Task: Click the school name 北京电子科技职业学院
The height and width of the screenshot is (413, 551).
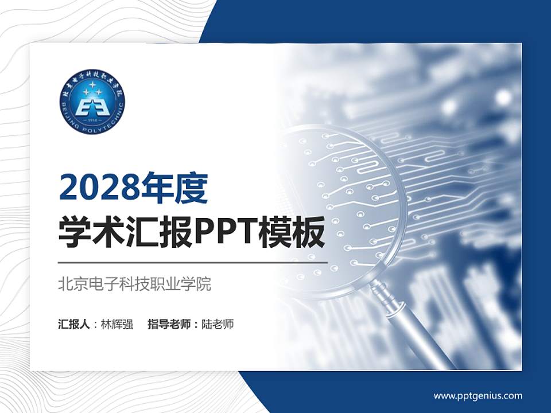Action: click(x=135, y=284)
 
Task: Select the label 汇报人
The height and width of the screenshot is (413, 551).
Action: click(x=73, y=324)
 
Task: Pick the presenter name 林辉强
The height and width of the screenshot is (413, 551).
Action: click(x=117, y=324)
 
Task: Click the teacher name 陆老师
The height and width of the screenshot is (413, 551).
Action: click(x=218, y=324)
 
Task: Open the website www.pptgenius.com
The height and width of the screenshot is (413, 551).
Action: click(x=478, y=395)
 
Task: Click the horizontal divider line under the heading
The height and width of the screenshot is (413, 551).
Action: click(x=192, y=262)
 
